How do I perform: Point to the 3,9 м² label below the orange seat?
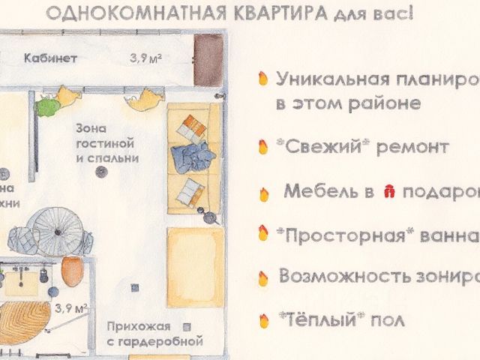click(x=71, y=307)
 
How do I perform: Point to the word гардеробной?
click(x=163, y=341)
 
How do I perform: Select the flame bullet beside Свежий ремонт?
click(x=262, y=147)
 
